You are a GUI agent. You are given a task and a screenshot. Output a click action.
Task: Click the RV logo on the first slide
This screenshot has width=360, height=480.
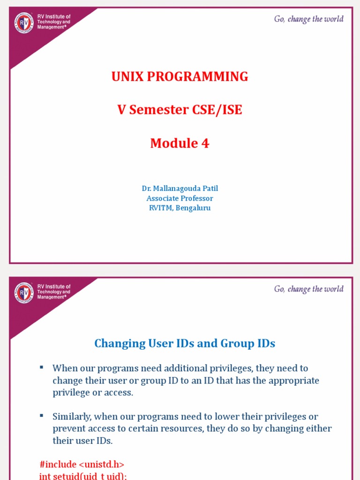[24, 22]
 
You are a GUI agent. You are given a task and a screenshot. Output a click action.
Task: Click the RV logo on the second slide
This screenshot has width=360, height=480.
[24, 292]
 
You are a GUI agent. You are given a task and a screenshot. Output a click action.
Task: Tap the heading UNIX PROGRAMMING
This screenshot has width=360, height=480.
[180, 77]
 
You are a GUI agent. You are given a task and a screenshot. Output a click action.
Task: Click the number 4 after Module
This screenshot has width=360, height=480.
[205, 143]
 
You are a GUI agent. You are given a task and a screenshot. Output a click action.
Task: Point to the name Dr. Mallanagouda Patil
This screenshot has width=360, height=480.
[180, 188]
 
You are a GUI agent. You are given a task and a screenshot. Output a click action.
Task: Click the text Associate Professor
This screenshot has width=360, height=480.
[180, 198]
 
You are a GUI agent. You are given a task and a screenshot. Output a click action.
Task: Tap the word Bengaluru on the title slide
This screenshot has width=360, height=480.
[193, 208]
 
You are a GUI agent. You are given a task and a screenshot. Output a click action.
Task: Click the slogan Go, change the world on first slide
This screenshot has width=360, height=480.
[308, 19]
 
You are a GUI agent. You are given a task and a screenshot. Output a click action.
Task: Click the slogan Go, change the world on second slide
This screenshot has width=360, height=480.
[308, 289]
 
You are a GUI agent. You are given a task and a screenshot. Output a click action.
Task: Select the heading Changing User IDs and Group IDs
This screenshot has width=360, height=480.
[185, 344]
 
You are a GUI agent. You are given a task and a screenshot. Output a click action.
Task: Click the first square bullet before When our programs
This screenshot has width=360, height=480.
[42, 367]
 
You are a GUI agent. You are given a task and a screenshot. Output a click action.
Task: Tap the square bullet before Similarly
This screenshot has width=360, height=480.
[42, 415]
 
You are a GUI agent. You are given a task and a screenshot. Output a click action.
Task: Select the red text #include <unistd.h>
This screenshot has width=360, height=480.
[82, 465]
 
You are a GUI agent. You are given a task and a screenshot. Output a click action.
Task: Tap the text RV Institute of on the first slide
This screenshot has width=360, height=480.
[54, 16]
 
